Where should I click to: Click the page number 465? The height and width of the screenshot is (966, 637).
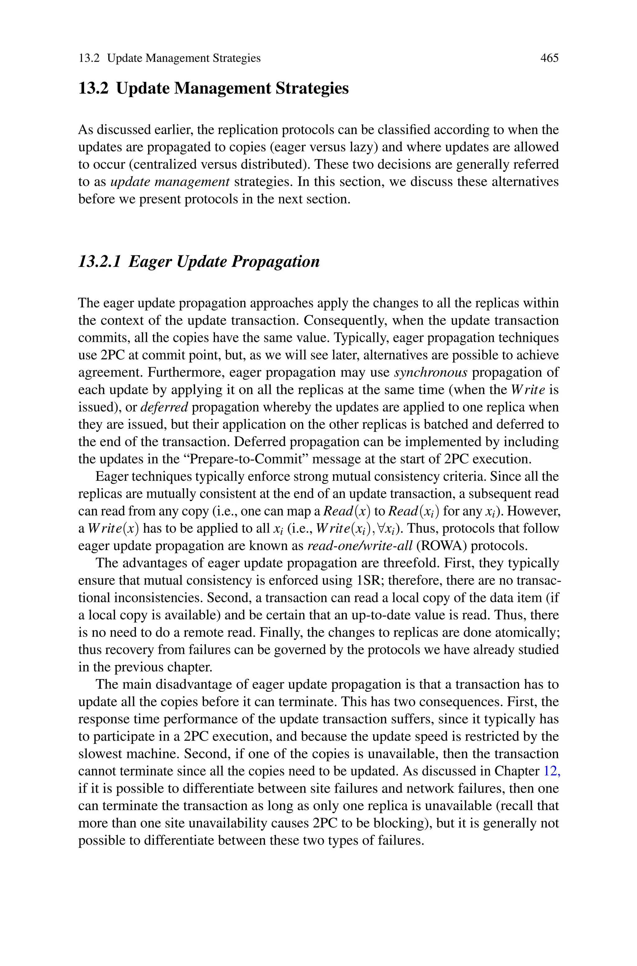[549, 58]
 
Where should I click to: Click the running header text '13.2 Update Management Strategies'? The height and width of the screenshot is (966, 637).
[170, 58]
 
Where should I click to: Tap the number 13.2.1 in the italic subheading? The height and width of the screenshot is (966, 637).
[100, 262]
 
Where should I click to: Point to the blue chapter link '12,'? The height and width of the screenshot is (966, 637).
[552, 771]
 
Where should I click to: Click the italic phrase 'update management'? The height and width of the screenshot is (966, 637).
[170, 182]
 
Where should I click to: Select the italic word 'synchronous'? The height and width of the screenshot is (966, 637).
[430, 372]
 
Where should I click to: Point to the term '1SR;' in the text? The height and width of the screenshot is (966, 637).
[370, 580]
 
